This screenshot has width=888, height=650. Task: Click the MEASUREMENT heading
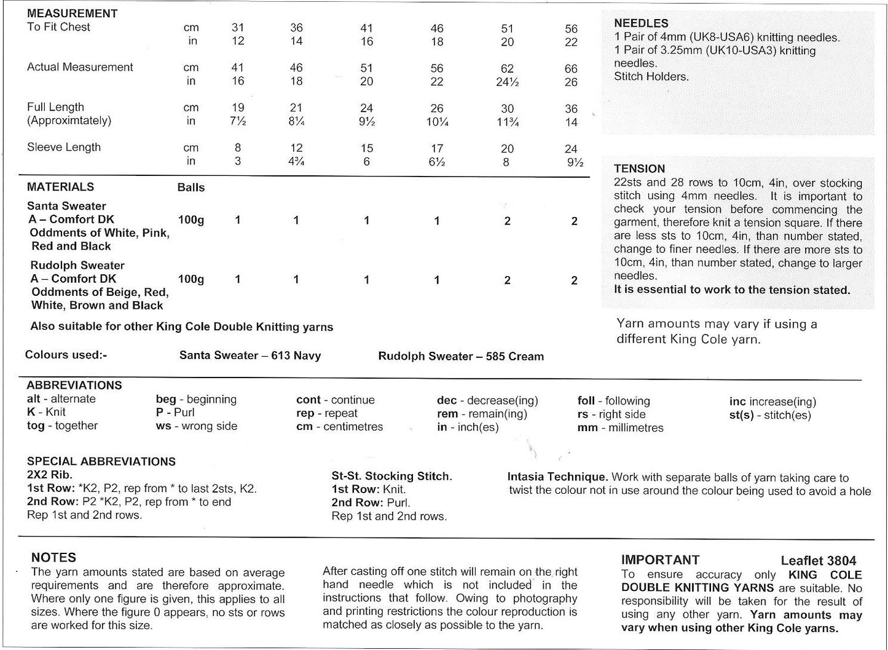72,13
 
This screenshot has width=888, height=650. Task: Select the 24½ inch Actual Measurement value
507,81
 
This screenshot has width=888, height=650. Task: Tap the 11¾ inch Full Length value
507,122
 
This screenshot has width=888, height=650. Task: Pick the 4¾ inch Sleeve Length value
296,162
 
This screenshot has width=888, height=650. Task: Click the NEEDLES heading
641,23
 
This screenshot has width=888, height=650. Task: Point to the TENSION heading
639,168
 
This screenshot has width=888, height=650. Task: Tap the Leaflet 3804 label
818,560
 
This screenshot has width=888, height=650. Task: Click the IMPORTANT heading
660,560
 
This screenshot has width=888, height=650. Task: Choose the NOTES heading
53,558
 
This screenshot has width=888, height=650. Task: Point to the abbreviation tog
36,426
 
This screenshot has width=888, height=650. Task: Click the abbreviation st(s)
741,415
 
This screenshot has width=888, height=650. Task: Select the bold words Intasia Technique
557,477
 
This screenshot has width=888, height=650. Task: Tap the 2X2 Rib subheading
50,475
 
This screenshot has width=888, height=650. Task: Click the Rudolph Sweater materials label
77,266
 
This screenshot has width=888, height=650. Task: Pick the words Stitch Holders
651,77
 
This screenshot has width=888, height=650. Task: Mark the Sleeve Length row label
64,147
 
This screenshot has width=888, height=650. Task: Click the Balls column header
191,188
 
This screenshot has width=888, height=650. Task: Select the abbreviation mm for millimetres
587,427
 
